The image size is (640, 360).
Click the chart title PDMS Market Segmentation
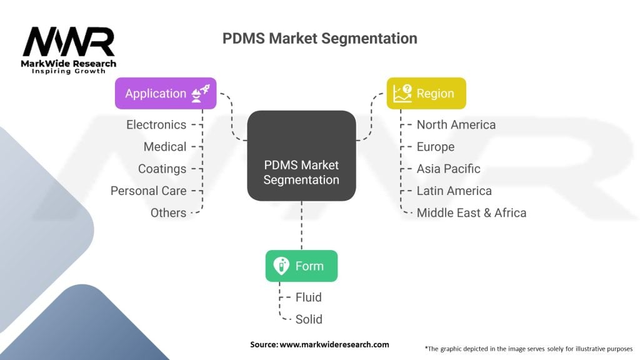(x=319, y=38)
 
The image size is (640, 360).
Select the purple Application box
(x=166, y=94)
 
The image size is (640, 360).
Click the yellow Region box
(x=426, y=94)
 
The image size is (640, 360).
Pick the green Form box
(x=301, y=266)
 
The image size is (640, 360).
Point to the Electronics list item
(x=156, y=125)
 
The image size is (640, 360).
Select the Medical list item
(x=165, y=147)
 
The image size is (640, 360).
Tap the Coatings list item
(x=162, y=169)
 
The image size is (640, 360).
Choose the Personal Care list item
(x=148, y=191)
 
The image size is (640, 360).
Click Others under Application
(x=168, y=212)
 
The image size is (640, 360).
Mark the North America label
(x=456, y=125)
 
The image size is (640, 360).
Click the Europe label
(x=436, y=147)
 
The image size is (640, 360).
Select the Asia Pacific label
(x=449, y=169)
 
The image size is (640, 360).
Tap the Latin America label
(x=454, y=191)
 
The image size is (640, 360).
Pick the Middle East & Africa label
(x=471, y=212)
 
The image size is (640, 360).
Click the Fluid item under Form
(x=309, y=297)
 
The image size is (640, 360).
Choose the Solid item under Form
(x=309, y=319)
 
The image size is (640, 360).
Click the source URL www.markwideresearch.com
(x=334, y=344)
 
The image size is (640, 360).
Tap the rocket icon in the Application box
(x=203, y=94)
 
